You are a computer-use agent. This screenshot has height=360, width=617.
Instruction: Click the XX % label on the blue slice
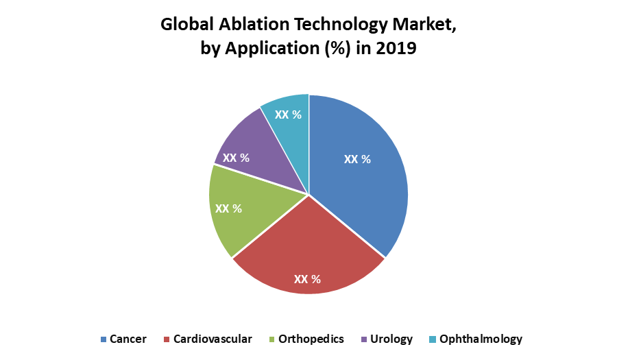(x=357, y=159)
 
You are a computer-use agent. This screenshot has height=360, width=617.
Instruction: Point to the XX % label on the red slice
(x=307, y=279)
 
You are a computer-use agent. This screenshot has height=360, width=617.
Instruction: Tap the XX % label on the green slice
(x=228, y=208)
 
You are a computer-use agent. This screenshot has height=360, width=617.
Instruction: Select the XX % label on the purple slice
(x=236, y=158)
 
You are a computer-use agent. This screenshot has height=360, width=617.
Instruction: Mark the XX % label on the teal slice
(x=288, y=115)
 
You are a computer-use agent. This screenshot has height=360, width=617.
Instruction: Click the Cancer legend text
(x=128, y=339)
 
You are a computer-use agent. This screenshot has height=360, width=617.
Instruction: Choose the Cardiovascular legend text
(x=213, y=339)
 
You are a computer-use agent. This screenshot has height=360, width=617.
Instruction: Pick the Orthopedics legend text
(x=312, y=339)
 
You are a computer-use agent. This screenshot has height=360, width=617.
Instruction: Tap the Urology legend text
(x=391, y=339)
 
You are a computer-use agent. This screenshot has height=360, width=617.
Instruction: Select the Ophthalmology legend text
(x=481, y=339)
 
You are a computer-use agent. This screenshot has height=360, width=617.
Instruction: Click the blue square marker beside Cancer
(x=104, y=339)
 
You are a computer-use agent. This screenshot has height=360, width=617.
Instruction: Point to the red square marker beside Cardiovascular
(x=167, y=339)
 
